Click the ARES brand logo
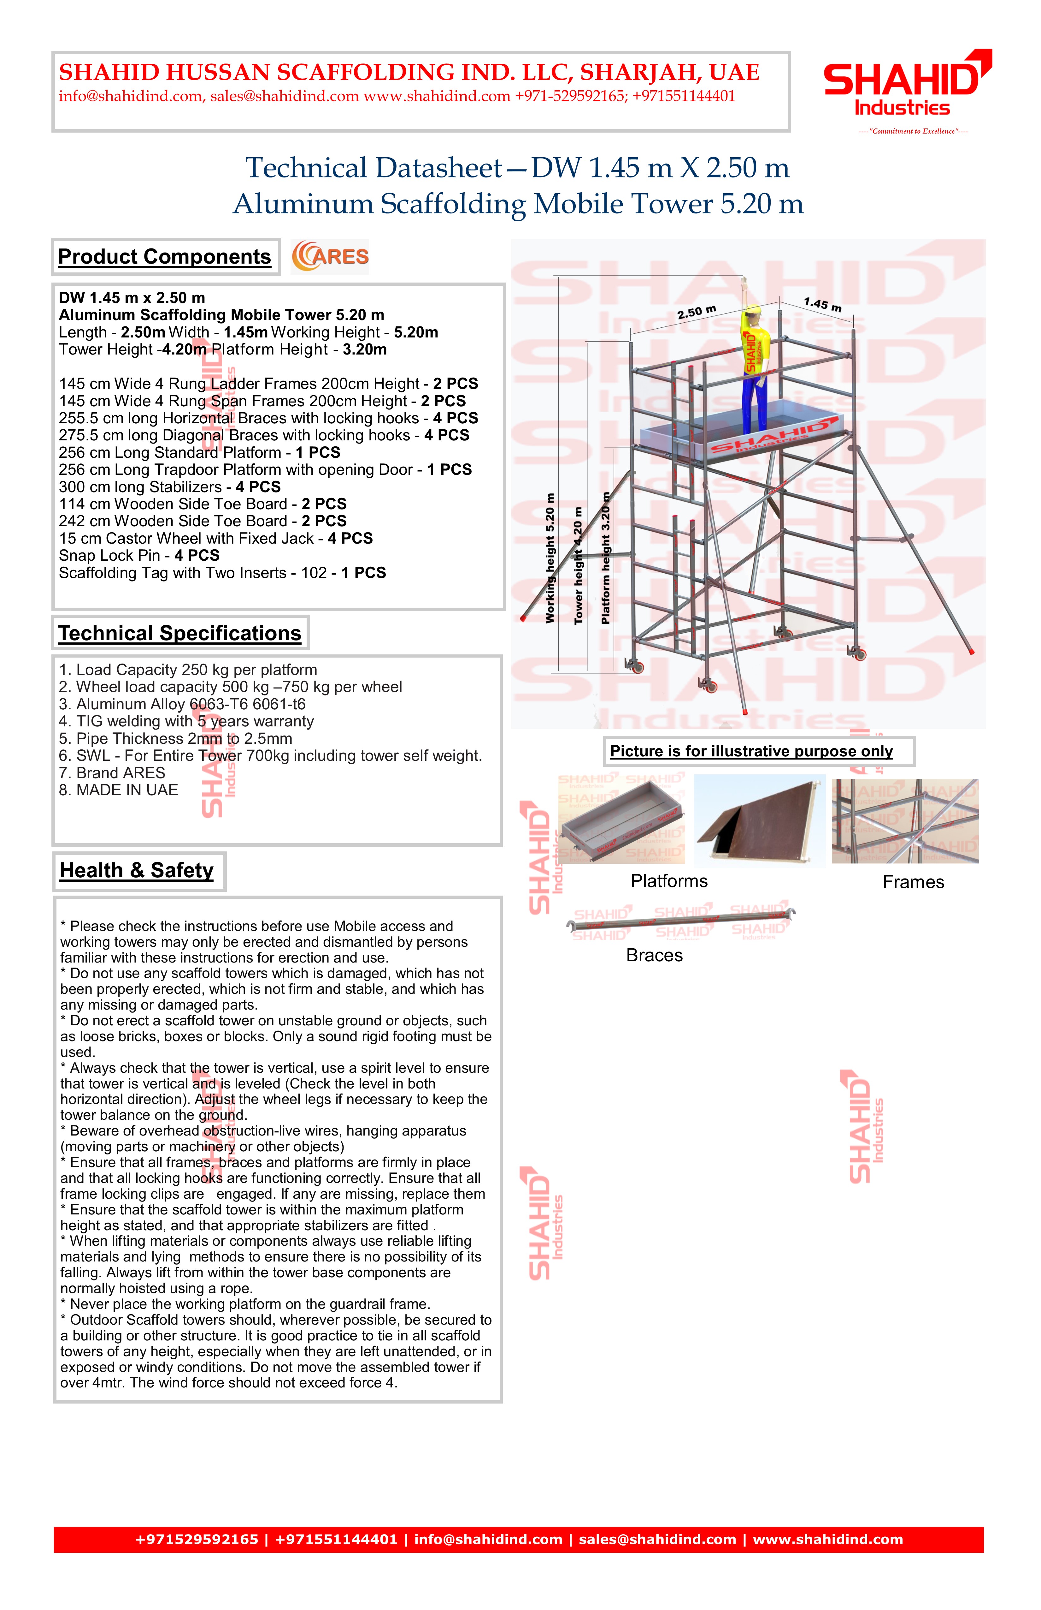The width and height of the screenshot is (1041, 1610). point(330,256)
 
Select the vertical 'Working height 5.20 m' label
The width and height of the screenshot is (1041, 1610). point(550,558)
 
